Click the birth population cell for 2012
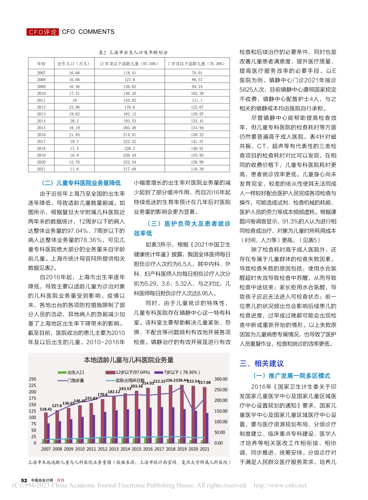pyautogui.click(x=74, y=107)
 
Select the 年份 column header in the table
pyautogui.click(x=41, y=64)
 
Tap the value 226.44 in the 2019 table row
pyautogui.click(x=130, y=155)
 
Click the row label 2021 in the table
pyautogui.click(x=41, y=169)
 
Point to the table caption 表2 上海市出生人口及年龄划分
pyautogui.click(x=133, y=52)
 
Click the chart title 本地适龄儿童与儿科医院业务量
pyautogui.click(x=129, y=360)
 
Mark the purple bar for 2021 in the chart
pyautogui.click(x=207, y=428)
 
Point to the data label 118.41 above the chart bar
pyautogui.click(x=46, y=409)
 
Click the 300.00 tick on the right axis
pyautogui.click(x=221, y=379)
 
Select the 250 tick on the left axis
pyautogui.click(x=33, y=379)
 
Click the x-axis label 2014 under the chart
pyautogui.click(x=125, y=449)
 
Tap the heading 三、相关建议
pyautogui.click(x=261, y=364)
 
